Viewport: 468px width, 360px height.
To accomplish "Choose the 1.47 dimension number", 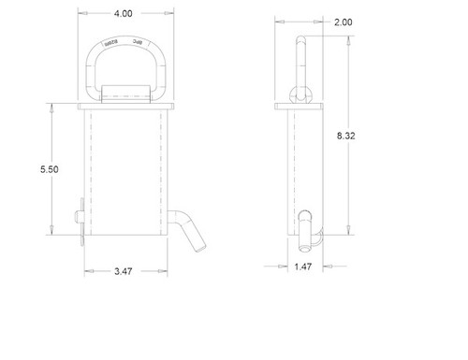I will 300,267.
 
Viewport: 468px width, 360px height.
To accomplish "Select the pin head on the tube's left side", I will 81,216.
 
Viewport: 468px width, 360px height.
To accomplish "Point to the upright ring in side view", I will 301,56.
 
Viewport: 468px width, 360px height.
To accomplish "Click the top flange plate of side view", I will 301,105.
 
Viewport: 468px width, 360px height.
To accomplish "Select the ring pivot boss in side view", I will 301,92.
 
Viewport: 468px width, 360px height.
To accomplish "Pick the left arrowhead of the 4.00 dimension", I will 80,15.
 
